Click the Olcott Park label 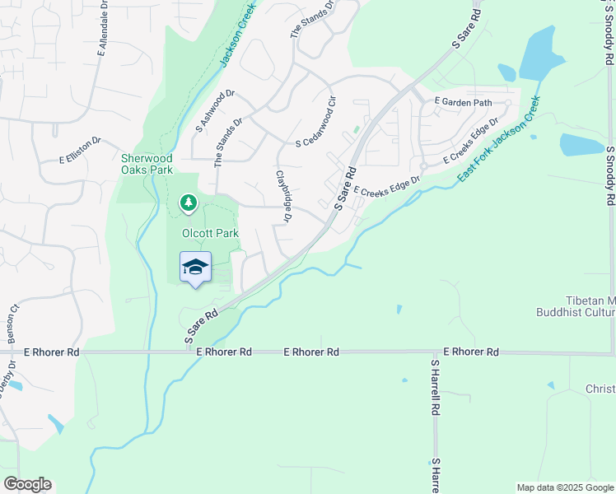click(210, 233)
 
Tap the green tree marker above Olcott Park click(189, 202)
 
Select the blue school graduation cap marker click(195, 267)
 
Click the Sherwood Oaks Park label click(147, 164)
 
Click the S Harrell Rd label click(435, 386)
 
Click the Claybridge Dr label click(284, 196)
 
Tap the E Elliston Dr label click(79, 150)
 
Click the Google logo click(27, 484)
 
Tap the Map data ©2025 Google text click(565, 487)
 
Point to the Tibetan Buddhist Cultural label click(576, 306)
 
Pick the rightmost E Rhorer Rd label click(471, 352)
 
